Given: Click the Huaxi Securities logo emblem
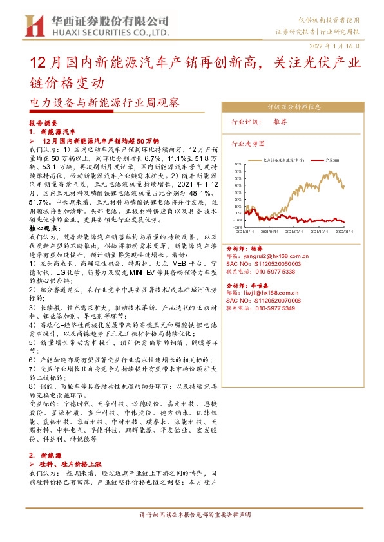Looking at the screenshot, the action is pos(33,26).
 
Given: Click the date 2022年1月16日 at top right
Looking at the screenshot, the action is pos(340,46).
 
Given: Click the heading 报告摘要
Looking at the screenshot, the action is pos(43,122).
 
